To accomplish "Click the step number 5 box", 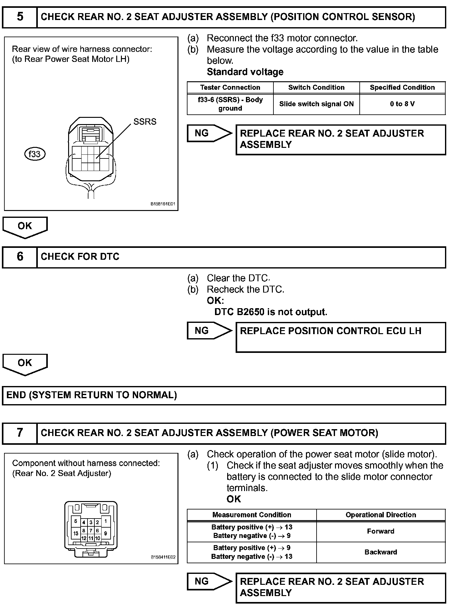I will click(20, 17).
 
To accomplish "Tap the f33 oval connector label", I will click(35, 154).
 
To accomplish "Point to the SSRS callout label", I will click(145, 122).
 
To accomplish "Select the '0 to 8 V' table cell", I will click(402, 104).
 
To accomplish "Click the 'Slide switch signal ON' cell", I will click(316, 104).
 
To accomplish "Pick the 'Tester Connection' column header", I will click(230, 88).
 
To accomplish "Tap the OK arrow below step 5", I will click(25, 227).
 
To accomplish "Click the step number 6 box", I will click(20, 257).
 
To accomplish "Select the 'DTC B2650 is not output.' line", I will click(271, 312).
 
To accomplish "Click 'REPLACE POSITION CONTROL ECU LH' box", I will click(340, 337).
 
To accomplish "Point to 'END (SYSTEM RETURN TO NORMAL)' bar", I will click(224, 395).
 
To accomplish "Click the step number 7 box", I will click(20, 433).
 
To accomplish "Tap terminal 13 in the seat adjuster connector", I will click(76, 533).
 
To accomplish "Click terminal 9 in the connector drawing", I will click(106, 533).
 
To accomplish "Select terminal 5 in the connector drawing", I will click(76, 521).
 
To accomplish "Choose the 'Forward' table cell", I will click(381, 531).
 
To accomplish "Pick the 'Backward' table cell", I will click(381, 552).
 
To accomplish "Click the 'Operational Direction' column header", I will click(381, 515).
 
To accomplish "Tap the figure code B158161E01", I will click(163, 204).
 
